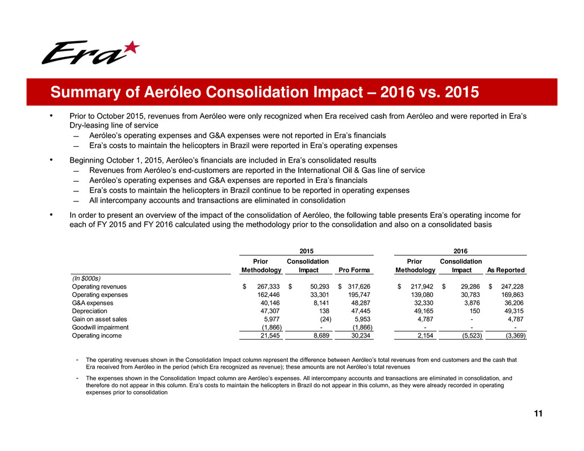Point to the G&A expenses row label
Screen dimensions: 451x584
click(92, 303)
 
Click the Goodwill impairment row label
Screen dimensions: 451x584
click(100, 327)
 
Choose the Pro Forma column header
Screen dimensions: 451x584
click(354, 270)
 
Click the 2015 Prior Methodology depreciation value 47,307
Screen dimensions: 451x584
click(269, 311)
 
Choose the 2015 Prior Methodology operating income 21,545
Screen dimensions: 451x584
click(269, 335)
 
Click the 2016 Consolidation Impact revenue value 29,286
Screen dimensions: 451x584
click(468, 287)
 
